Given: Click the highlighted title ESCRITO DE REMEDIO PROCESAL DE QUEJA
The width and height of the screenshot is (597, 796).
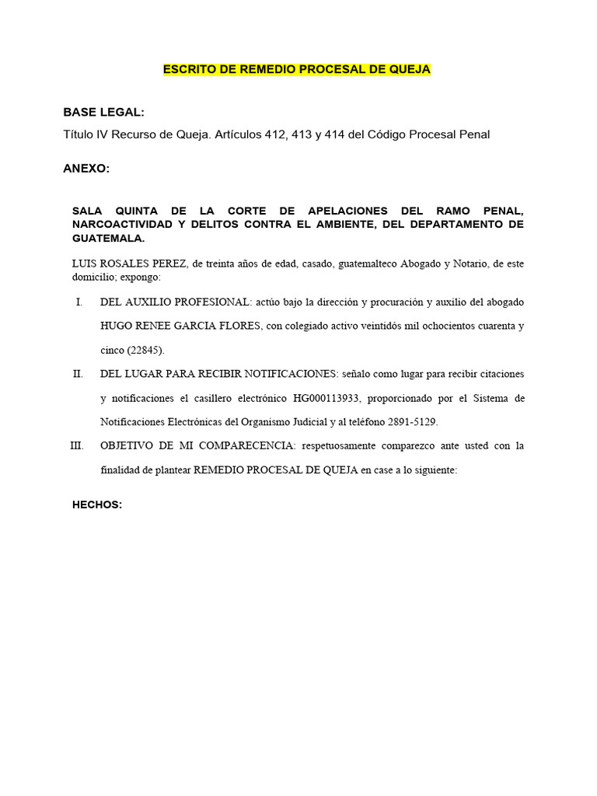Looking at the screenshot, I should (296, 69).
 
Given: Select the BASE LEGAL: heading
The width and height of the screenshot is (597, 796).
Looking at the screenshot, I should (103, 113).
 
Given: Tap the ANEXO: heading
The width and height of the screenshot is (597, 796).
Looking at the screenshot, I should (86, 168).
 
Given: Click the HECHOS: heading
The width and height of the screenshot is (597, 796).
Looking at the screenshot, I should (97, 504).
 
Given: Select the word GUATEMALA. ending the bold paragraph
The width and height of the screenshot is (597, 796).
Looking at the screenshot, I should (108, 239).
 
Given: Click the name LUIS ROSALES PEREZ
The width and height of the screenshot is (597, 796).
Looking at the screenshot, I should (128, 264).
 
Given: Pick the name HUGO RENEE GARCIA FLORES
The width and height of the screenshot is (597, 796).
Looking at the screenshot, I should (180, 326).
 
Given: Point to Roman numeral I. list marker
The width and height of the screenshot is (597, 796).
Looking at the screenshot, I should (79, 302).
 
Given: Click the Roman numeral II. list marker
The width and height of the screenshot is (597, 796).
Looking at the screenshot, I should (78, 374).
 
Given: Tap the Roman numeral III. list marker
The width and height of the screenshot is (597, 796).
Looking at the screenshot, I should (76, 446).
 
